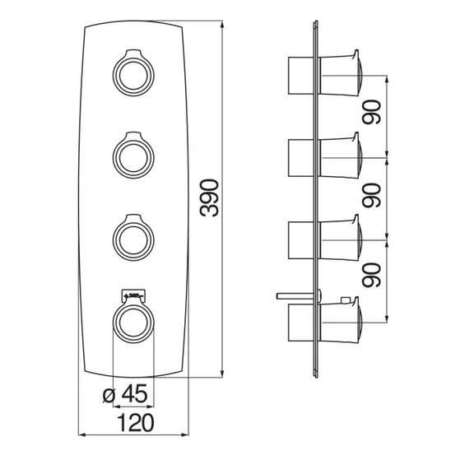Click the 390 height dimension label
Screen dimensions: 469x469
coord(209,198)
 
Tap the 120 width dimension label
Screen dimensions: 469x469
coord(136,423)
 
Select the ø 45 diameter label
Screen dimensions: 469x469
coord(125,393)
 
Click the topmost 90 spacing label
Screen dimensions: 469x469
coord(372,112)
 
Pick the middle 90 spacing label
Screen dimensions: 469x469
coord(372,195)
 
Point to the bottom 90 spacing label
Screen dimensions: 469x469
coord(372,275)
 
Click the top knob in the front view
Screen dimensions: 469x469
coord(133,72)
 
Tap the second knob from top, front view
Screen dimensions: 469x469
coord(133,156)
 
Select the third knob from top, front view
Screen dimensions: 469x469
coord(133,238)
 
